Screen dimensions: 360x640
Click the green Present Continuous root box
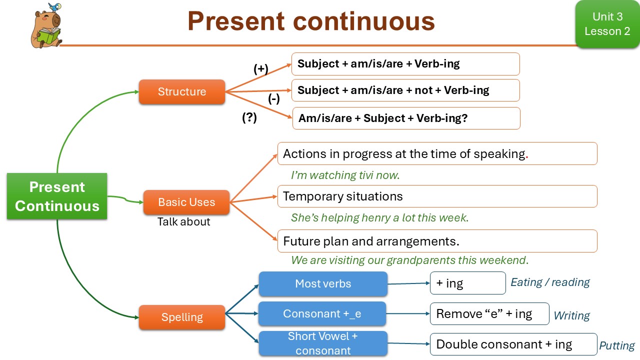point(57,196)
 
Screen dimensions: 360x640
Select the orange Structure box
point(181,91)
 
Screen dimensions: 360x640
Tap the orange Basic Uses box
point(186,202)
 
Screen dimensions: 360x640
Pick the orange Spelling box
point(181,317)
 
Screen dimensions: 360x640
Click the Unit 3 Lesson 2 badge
point(607,24)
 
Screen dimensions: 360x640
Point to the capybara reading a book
point(46,27)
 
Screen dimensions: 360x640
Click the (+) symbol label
point(261,69)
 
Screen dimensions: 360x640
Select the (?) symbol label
point(249,118)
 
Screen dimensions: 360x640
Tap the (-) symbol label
point(274,98)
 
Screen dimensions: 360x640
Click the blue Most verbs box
point(323,283)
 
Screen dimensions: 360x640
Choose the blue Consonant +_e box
point(322,313)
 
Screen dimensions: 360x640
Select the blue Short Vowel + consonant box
point(322,343)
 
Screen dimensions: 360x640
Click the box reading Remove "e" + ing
point(489,313)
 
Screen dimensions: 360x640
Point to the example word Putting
point(617,345)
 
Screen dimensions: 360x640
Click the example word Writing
point(571,315)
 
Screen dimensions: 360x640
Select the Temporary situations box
point(437,196)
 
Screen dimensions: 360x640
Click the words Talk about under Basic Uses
point(184,221)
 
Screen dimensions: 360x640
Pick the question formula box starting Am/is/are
point(406,118)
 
